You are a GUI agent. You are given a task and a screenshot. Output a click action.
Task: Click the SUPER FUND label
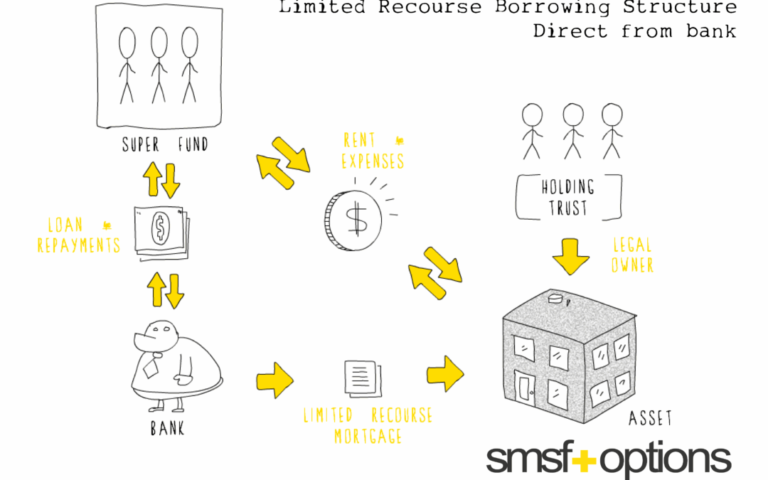165,144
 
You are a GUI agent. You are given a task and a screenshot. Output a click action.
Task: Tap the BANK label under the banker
168,428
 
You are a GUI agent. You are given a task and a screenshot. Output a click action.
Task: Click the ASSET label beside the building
651,418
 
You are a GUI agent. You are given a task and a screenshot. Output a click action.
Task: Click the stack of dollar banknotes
161,233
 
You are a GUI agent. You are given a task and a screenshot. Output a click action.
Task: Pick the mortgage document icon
363,378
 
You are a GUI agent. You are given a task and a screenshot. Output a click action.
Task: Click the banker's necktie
151,366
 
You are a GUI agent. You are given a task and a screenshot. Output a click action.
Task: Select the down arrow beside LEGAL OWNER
570,257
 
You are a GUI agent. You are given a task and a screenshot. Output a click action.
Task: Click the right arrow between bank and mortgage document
274,380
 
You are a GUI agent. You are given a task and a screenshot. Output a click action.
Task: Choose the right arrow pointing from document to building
445,374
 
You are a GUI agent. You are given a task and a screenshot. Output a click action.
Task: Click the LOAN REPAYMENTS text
79,235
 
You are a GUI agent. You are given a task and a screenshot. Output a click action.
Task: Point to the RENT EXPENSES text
373,151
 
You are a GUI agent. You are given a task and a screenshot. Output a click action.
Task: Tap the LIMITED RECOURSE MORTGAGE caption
368,425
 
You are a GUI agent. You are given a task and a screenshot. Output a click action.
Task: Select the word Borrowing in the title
553,7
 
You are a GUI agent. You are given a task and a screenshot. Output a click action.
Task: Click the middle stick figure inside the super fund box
159,65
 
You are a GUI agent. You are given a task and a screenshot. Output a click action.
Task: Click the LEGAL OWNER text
632,255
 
